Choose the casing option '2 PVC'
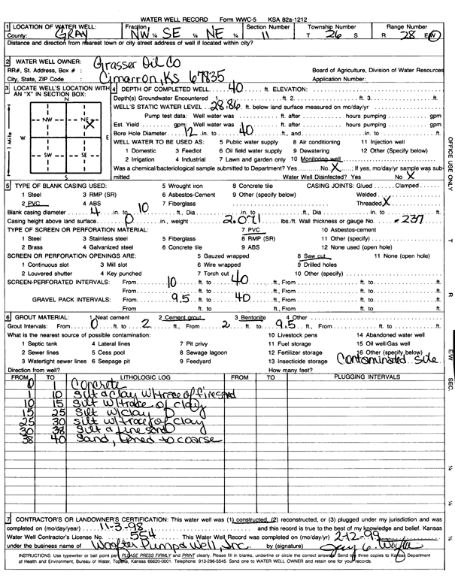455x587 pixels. click(x=29, y=204)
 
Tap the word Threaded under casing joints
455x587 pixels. click(x=370, y=204)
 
